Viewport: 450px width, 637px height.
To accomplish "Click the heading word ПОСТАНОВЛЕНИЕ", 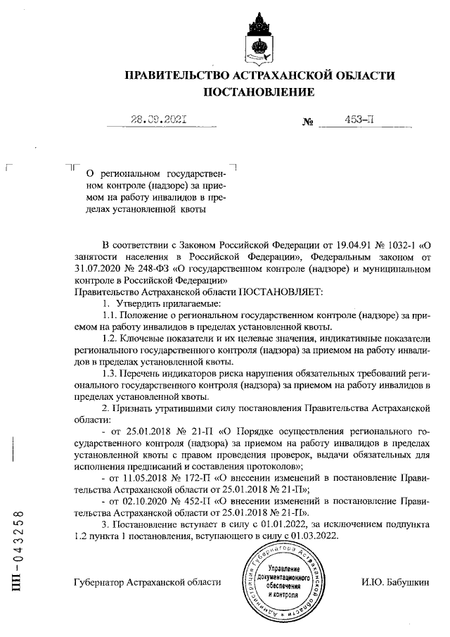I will (259, 92).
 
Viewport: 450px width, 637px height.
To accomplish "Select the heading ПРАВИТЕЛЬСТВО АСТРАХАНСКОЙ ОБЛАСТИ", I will (259, 75).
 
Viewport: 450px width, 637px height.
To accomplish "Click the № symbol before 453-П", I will (307, 122).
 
